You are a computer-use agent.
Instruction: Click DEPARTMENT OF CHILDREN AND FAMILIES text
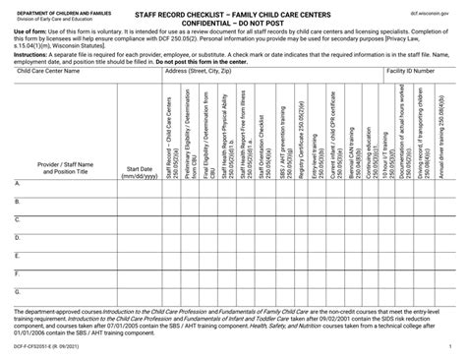(x=56, y=7)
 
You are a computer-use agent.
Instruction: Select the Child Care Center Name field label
(x=45, y=72)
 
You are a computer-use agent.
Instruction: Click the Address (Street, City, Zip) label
(x=205, y=72)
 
